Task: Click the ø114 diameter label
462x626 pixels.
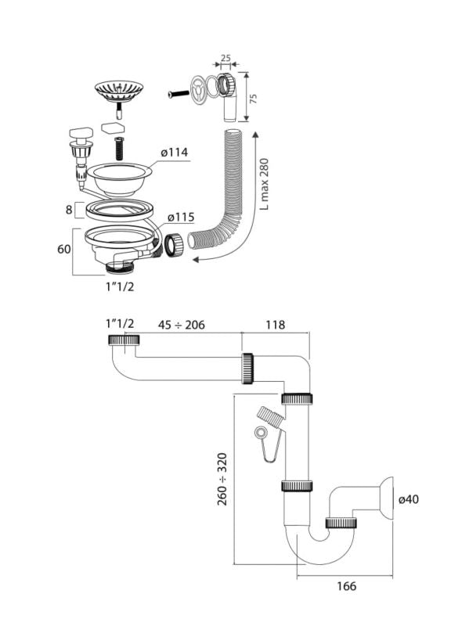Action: (175, 152)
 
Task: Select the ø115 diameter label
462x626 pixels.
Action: (181, 218)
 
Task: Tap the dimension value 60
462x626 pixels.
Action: (64, 249)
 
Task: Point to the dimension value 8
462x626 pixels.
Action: (69, 209)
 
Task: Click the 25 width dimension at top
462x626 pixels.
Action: (226, 58)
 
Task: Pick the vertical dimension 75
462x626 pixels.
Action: (253, 99)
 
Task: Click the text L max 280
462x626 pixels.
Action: (264, 184)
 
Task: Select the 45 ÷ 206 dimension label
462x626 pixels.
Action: (181, 325)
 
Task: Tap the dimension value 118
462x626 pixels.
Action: (276, 325)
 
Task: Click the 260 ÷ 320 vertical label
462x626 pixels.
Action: (222, 479)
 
